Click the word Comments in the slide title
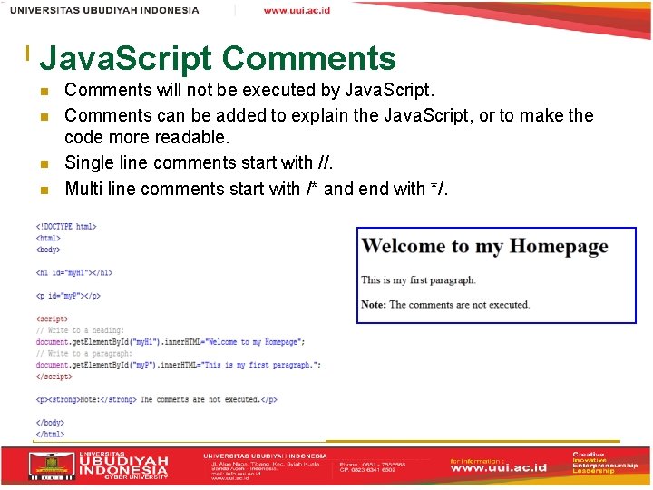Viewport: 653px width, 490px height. pos(308,60)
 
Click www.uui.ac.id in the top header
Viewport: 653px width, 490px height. pos(297,10)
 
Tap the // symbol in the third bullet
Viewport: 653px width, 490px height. pos(324,163)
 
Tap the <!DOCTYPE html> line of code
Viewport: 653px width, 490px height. pos(66,227)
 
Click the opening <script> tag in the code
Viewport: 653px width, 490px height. pos(52,319)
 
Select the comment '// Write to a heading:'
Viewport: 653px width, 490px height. pos(81,331)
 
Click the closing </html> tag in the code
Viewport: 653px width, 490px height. pos(50,435)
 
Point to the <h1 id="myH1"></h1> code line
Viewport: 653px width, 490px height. pos(74,272)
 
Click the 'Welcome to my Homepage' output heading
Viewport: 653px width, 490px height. pos(484,247)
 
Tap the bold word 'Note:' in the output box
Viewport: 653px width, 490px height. pos(374,305)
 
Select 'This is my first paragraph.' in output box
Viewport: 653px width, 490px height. pos(418,280)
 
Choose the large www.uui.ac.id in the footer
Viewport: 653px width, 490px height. pos(499,468)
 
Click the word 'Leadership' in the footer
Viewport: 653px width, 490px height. pos(594,471)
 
